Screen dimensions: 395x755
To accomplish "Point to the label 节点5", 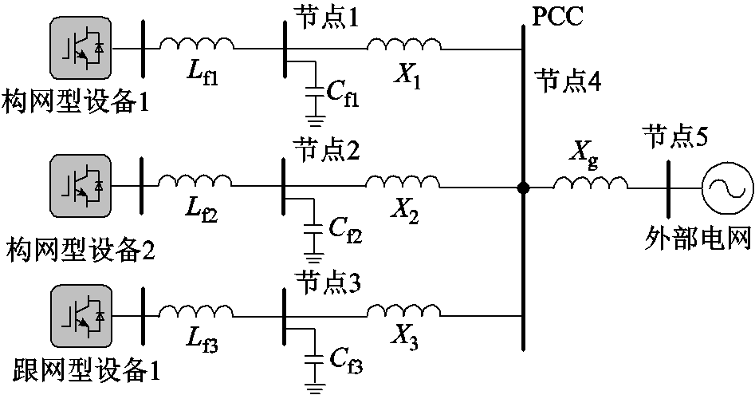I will (x=676, y=138).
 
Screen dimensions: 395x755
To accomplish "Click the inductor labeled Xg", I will (x=589, y=184).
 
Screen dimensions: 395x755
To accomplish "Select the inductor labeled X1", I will (x=403, y=44).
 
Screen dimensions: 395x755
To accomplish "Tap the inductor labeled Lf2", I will (x=195, y=182).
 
